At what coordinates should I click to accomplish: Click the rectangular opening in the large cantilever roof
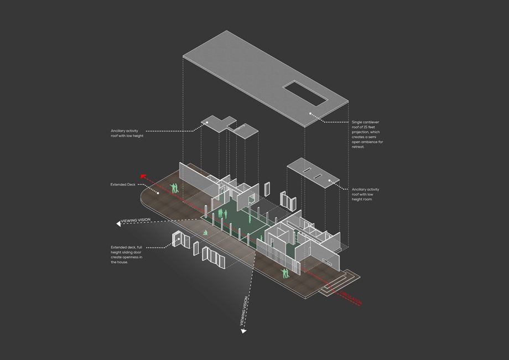point(305,92)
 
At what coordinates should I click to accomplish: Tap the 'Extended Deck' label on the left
point(123,184)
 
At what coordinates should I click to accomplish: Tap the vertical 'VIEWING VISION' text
point(243,310)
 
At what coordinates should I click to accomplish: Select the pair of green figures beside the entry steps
point(285,273)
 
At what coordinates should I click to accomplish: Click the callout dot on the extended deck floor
point(158,193)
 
